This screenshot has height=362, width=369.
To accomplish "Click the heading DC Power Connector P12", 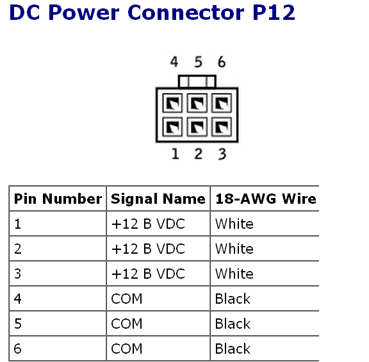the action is tap(152, 12).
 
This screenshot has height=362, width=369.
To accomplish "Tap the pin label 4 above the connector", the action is tap(174, 62).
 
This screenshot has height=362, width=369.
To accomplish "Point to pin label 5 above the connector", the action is tap(199, 62).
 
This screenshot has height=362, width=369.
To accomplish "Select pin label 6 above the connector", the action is tap(222, 62).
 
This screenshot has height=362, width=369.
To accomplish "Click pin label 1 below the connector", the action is tap(175, 154).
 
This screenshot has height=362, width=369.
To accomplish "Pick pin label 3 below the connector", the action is tap(222, 154).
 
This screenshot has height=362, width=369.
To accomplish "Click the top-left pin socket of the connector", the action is tap(172, 103).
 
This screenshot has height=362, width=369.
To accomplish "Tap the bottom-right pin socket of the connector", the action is tap(222, 127).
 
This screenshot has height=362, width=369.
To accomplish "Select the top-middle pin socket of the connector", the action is tap(197, 103).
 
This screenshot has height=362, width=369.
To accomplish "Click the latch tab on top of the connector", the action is tap(197, 81).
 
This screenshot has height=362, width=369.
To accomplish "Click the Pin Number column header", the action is tap(58, 199).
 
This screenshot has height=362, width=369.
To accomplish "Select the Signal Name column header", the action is tap(158, 199).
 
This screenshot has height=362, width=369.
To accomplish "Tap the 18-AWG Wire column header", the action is tap(266, 199).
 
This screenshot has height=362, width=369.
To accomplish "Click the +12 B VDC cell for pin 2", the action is tap(148, 249).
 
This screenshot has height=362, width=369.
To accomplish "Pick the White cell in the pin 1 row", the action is tap(234, 224).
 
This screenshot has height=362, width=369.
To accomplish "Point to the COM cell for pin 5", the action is tap(127, 324).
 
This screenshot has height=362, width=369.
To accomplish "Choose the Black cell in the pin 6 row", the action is tap(233, 349).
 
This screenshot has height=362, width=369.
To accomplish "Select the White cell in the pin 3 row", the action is tap(234, 274).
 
